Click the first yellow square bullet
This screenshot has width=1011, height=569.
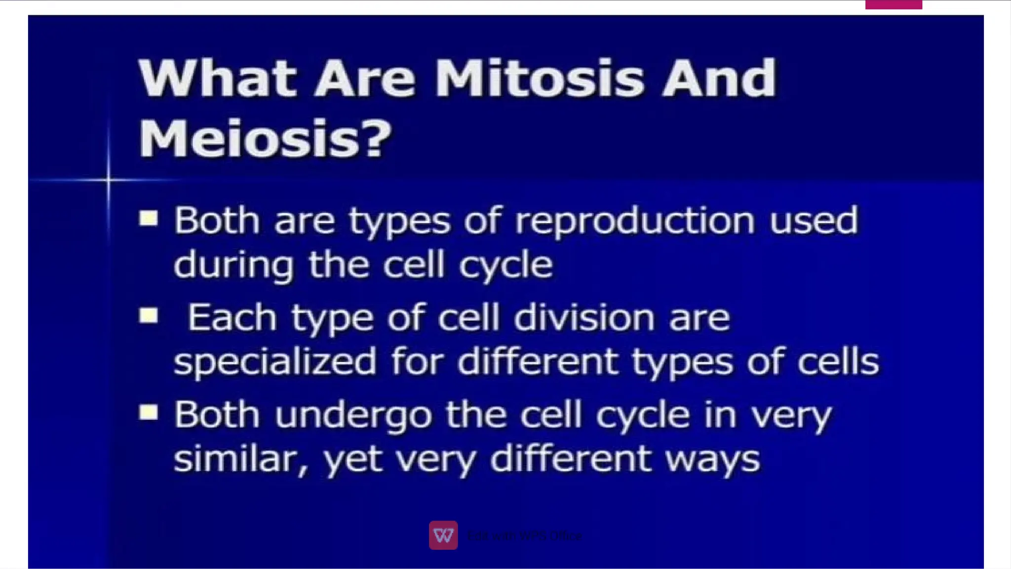click(148, 218)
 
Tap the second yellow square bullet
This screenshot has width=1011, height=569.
click(148, 315)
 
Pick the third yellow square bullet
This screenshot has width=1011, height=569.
click(148, 412)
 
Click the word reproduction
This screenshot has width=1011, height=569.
click(635, 222)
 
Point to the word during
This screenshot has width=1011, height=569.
click(233, 266)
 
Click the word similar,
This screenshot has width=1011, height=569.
click(241, 459)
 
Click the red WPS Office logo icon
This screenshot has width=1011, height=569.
click(443, 535)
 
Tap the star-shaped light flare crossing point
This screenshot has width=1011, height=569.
click(109, 180)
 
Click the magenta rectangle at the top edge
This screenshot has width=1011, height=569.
click(893, 4)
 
